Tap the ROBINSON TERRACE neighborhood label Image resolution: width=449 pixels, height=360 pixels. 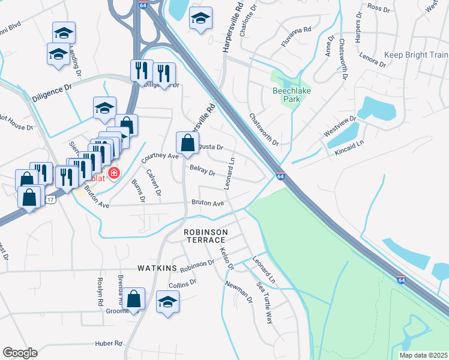pyautogui.click(x=206, y=236)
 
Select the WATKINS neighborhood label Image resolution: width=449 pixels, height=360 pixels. pyautogui.click(x=157, y=268)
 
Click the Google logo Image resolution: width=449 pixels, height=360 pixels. pyautogui.click(x=20, y=353)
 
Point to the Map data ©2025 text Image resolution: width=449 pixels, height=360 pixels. pyautogui.click(x=423, y=355)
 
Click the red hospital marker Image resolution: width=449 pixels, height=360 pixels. pyautogui.click(x=113, y=174)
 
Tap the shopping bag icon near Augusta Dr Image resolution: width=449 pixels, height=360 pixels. pyautogui.click(x=187, y=142)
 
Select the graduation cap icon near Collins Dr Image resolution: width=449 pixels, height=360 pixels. pyautogui.click(x=167, y=302)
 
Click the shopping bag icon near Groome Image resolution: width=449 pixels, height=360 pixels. pyautogui.click(x=136, y=298)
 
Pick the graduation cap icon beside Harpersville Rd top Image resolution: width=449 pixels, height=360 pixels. pyautogui.click(x=201, y=18)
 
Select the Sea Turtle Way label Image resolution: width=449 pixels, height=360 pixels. pyautogui.click(x=265, y=302)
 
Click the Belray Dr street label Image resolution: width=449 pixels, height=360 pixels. pyautogui.click(x=202, y=172)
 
